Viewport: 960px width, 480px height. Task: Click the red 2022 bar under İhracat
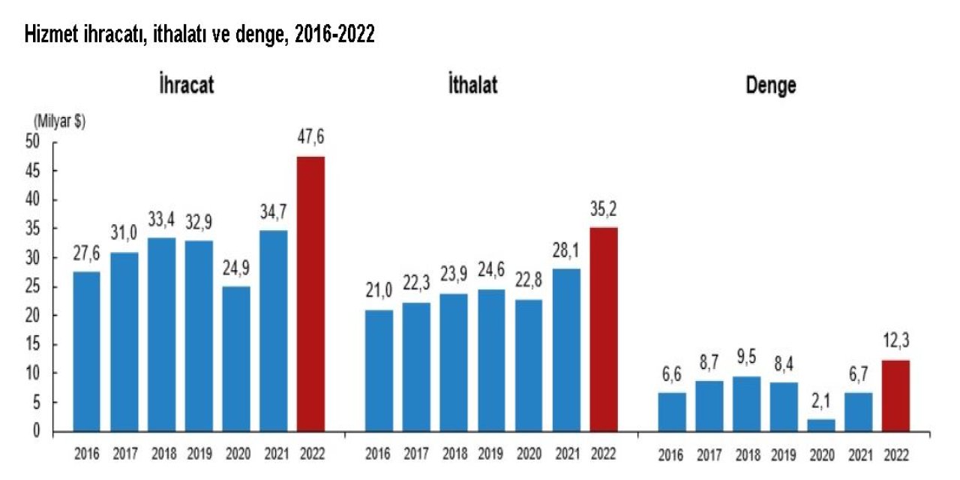click(x=310, y=294)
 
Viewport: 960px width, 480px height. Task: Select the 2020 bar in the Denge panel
click(x=820, y=424)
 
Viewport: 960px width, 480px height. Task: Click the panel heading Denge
click(x=770, y=85)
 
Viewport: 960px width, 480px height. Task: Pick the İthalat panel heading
click(x=472, y=85)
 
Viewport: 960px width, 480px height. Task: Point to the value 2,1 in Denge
click(x=820, y=402)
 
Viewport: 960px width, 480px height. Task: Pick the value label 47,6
click(x=310, y=137)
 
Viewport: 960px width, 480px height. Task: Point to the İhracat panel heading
click(x=186, y=85)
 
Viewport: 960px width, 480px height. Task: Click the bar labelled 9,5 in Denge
click(x=745, y=403)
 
